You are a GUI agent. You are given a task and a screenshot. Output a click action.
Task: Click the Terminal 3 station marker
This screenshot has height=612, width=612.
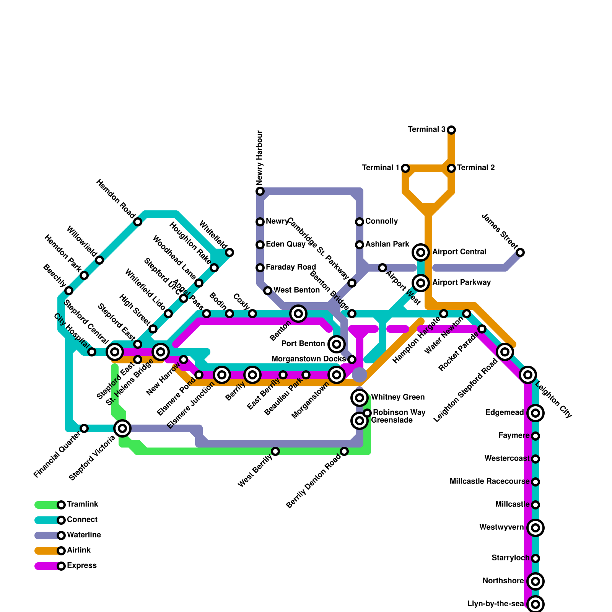click(451, 130)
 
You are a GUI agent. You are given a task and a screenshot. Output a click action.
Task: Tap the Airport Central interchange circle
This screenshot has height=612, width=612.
click(421, 252)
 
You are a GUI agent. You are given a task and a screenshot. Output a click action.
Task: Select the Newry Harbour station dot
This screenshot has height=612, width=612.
click(260, 191)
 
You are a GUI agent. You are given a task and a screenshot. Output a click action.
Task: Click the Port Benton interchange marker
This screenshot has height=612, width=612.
click(337, 344)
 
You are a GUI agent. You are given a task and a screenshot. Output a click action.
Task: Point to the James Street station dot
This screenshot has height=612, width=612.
click(520, 252)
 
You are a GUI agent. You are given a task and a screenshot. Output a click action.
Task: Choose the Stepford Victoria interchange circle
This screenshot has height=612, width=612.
click(122, 428)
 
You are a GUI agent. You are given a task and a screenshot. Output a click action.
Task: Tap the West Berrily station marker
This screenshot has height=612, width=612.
click(275, 451)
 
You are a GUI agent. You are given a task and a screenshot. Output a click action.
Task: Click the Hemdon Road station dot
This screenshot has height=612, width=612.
click(138, 222)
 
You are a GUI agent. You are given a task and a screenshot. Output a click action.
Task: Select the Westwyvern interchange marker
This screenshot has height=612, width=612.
click(535, 528)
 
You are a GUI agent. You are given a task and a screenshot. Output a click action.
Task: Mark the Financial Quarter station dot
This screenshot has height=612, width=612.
click(84, 428)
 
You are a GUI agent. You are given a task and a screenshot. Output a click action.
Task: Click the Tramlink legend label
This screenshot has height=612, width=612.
click(82, 505)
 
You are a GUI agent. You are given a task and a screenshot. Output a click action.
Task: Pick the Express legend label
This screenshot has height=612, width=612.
click(81, 566)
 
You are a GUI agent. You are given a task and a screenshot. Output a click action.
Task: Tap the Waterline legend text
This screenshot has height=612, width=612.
click(84, 535)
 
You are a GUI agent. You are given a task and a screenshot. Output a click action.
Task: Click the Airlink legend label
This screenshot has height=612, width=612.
click(78, 550)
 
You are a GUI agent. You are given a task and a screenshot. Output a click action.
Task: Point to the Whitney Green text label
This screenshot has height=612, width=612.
click(397, 397)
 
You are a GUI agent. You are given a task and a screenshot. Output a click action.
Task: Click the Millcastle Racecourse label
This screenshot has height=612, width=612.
click(489, 482)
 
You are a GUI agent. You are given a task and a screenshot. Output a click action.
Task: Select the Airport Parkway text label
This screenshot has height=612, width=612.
click(461, 283)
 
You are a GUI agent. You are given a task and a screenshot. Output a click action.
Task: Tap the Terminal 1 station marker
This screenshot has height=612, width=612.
click(405, 168)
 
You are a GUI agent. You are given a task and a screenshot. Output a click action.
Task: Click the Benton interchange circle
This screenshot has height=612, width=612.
click(298, 314)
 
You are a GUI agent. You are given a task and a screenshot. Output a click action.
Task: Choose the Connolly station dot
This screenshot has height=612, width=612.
click(360, 222)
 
